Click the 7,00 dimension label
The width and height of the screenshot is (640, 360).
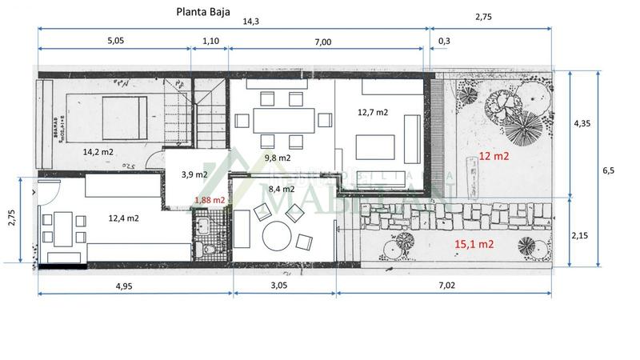[322, 42]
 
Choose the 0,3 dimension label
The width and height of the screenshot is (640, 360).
[444, 42]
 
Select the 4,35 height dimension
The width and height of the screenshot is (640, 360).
[583, 124]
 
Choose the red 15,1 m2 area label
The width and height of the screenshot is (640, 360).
[474, 244]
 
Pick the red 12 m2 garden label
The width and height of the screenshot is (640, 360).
[494, 157]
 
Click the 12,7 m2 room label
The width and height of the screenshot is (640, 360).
[372, 112]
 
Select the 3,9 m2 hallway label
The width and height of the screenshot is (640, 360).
[194, 174]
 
